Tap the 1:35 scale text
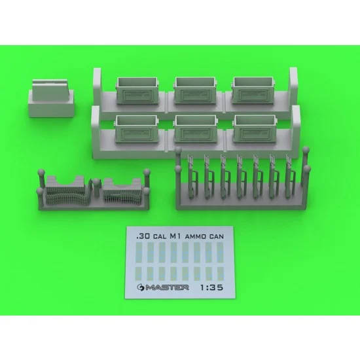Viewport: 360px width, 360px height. coord(211,287)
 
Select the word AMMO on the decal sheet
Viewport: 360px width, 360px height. coord(196,236)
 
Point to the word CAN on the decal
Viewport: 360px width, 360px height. coord(216,236)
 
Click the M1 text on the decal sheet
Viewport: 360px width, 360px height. coord(175,236)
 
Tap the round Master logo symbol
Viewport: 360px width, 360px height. coord(140,287)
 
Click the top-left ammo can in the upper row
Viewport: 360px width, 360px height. coord(137,91)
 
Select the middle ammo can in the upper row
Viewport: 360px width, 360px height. coord(196,90)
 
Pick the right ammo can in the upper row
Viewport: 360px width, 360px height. coord(254,90)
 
